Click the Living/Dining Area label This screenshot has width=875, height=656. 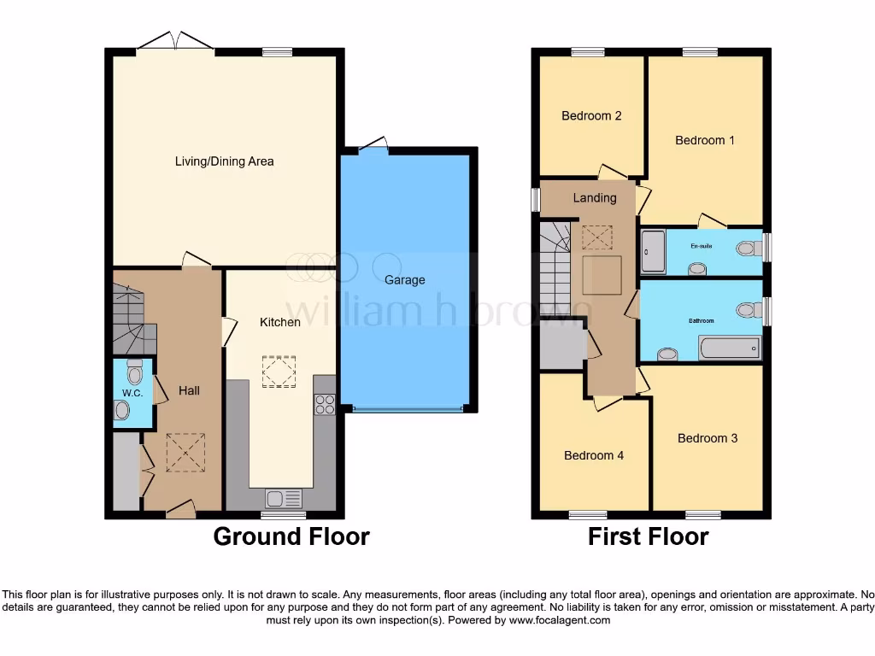tap(224, 161)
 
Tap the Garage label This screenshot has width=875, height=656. tap(404, 279)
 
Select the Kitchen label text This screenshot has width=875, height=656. tap(280, 322)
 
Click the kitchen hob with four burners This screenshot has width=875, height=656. tap(325, 404)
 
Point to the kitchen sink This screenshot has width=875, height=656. tap(283, 497)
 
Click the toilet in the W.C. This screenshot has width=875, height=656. tap(134, 372)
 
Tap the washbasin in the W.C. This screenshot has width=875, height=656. tap(122, 411)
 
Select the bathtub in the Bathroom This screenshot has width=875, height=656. tap(729, 348)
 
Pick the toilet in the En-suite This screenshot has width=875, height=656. tap(749, 248)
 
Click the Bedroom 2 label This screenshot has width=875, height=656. tap(591, 115)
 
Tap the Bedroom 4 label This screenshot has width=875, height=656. tap(594, 455)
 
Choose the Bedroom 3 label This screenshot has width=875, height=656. tap(708, 438)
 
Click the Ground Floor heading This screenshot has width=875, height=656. tap(291, 536)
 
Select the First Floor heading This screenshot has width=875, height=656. tap(648, 536)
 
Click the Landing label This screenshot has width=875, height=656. tap(595, 197)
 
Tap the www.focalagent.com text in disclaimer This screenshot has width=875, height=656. tap(559, 620)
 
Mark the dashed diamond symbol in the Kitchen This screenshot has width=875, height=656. tap(279, 372)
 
